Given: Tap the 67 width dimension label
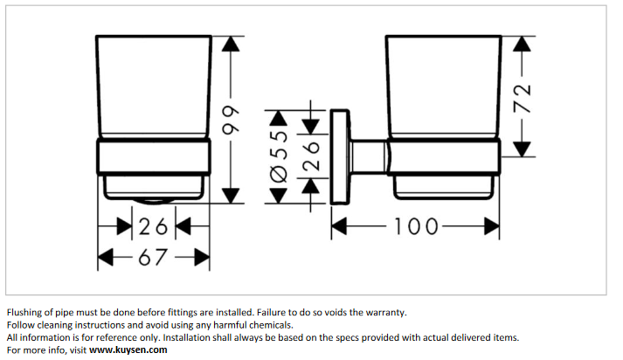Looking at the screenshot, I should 153,257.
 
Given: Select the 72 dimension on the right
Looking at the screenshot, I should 523,94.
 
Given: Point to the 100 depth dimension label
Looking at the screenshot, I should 415,226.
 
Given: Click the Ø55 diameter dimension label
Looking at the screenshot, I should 278,157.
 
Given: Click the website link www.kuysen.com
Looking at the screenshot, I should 128,350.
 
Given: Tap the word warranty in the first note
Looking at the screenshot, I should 384,312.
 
